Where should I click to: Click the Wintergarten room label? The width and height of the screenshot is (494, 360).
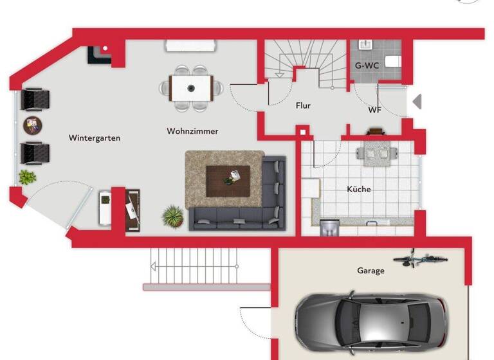(x=95, y=138)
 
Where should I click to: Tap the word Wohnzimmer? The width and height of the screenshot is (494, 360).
(x=192, y=131)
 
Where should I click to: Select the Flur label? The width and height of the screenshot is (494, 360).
(x=304, y=105)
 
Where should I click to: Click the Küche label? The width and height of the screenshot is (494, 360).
(x=359, y=190)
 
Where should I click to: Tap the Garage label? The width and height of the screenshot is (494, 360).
(x=370, y=271)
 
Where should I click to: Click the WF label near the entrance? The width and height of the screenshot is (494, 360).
(x=374, y=110)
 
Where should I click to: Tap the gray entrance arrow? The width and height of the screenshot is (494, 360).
(x=417, y=102)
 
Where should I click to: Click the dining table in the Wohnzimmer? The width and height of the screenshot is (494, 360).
(x=191, y=87)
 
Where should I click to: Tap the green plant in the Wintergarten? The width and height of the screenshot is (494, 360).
(x=27, y=177)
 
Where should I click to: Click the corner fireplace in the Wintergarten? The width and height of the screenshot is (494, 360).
(x=100, y=53)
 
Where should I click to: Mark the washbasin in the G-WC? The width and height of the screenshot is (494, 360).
(x=365, y=45)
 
